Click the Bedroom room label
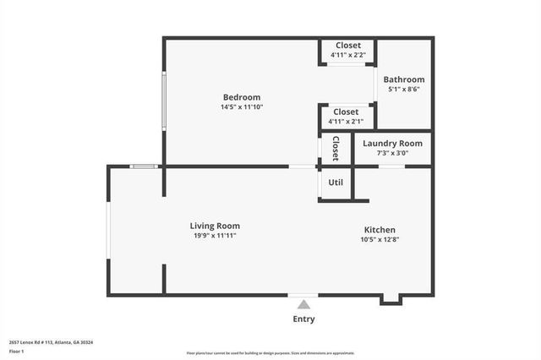pyautogui.click(x=242, y=96)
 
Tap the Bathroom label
pyautogui.click(x=404, y=79)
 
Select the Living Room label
pyautogui.click(x=215, y=226)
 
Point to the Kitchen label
pyautogui.click(x=380, y=230)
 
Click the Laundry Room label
pyautogui.click(x=392, y=144)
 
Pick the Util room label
pyautogui.click(x=336, y=182)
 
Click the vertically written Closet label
pyautogui.click(x=336, y=149)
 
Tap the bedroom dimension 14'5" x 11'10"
pyautogui.click(x=242, y=107)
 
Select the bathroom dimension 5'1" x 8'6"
pyautogui.click(x=404, y=90)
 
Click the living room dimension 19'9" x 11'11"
pyautogui.click(x=215, y=236)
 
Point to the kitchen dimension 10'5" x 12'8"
pyautogui.click(x=380, y=240)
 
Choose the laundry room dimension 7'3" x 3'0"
pyautogui.click(x=392, y=153)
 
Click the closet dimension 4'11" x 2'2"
pyautogui.click(x=347, y=56)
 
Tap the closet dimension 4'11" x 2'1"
pyautogui.click(x=346, y=122)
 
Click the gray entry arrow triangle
pyautogui.click(x=303, y=303)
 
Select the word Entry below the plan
pyautogui.click(x=303, y=319)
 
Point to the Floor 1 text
pyautogui.click(x=17, y=351)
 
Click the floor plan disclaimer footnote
pyautogui.click(x=270, y=353)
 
